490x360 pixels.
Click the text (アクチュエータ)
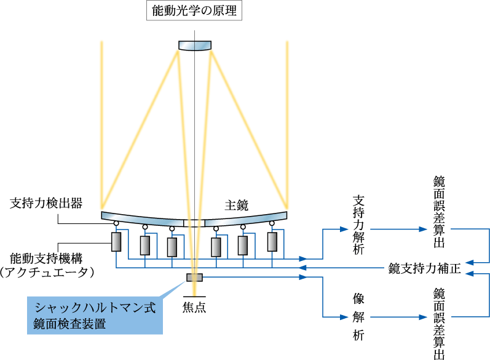(50, 272)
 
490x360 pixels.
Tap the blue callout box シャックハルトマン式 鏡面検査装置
(95, 316)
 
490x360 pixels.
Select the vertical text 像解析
(359, 317)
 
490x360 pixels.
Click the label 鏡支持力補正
(424, 269)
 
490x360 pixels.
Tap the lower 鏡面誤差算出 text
(439, 320)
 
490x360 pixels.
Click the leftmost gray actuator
(116, 242)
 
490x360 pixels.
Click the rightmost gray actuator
(273, 241)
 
